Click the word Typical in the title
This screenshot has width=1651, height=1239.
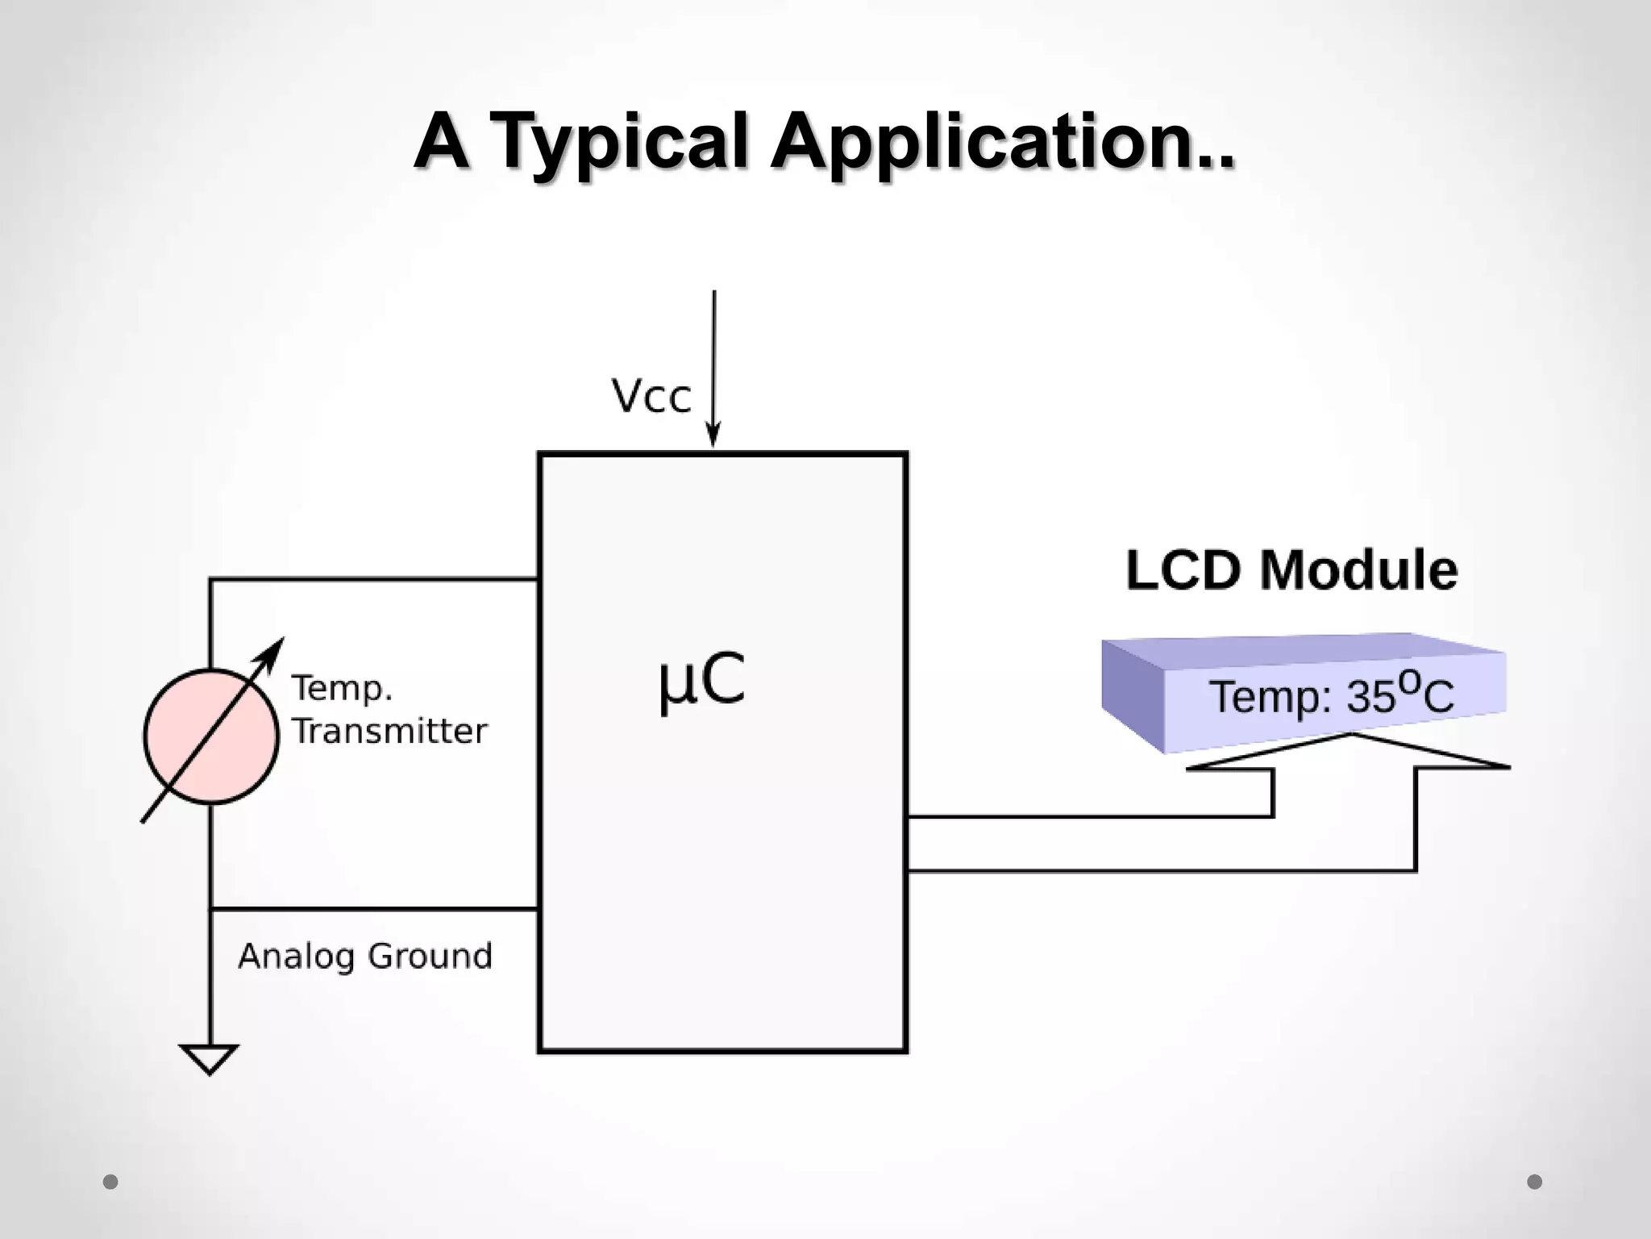click(x=618, y=144)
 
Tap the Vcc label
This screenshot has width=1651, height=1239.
click(x=651, y=397)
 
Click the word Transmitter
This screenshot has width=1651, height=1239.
click(x=389, y=732)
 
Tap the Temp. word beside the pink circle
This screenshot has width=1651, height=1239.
click(x=342, y=688)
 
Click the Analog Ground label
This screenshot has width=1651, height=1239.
click(x=364, y=956)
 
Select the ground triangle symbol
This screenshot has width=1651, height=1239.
click(x=210, y=1058)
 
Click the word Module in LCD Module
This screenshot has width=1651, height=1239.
click(x=1359, y=570)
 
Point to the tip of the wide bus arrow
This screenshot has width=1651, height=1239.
click(x=1353, y=736)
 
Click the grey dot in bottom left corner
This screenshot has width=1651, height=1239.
click(x=110, y=1182)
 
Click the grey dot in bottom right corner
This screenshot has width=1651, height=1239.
click(x=1534, y=1182)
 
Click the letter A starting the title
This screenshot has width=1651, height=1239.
click(x=442, y=144)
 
